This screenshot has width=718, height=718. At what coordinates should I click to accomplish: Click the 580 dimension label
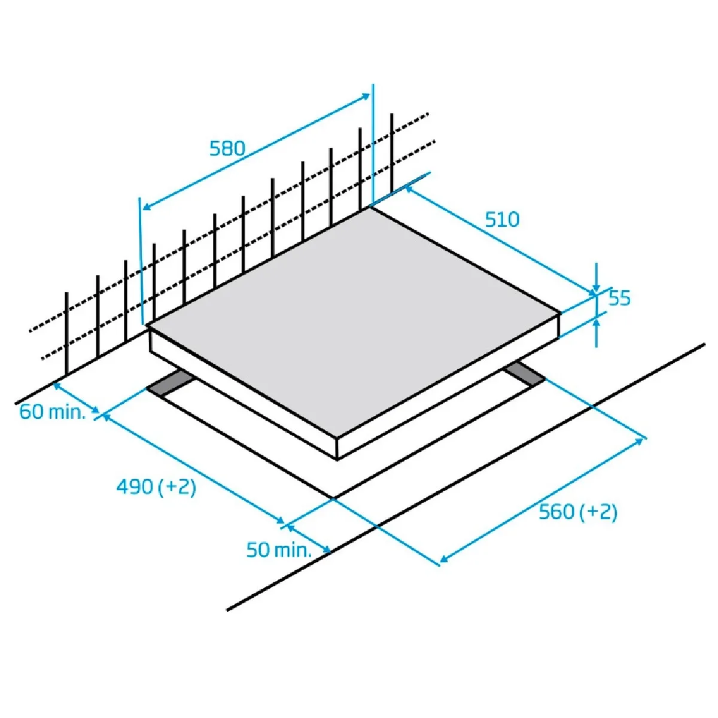(227, 148)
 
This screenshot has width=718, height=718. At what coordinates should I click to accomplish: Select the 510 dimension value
(502, 220)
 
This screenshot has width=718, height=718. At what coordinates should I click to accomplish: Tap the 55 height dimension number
(620, 298)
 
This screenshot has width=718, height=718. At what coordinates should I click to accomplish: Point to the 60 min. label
(52, 412)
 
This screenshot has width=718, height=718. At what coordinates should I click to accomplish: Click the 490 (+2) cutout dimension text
(156, 487)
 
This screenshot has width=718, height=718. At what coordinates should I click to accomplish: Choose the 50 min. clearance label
(279, 550)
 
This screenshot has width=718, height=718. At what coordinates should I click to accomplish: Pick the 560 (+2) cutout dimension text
(577, 512)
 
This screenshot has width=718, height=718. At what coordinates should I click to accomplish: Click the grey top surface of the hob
(353, 323)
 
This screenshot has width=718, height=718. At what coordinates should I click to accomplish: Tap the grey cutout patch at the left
(170, 384)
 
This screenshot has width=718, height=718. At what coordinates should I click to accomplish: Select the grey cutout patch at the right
(524, 374)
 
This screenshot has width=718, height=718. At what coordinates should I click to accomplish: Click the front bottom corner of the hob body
(337, 460)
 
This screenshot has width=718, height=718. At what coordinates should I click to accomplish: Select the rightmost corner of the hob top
(560, 313)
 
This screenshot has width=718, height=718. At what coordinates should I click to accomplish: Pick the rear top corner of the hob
(369, 207)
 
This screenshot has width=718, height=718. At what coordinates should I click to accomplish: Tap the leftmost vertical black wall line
(66, 332)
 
